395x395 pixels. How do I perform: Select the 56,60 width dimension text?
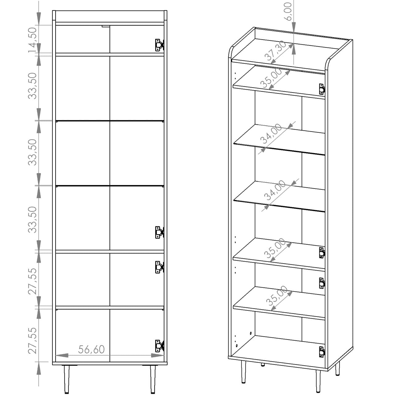91,350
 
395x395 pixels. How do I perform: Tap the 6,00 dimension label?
288,11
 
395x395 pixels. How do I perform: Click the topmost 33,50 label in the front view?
32,86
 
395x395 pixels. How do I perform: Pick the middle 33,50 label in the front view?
32,152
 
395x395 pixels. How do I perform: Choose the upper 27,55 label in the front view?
32,281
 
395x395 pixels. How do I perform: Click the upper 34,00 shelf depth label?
271,133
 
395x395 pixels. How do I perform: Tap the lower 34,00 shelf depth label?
275,190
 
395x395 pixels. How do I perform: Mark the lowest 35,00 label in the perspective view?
277,296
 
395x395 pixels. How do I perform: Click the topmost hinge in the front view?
160,45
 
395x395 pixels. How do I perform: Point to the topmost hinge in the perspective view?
322,89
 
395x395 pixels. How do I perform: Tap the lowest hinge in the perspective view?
322,352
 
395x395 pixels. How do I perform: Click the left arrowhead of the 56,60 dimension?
62,355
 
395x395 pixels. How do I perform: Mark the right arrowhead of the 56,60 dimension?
157,355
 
